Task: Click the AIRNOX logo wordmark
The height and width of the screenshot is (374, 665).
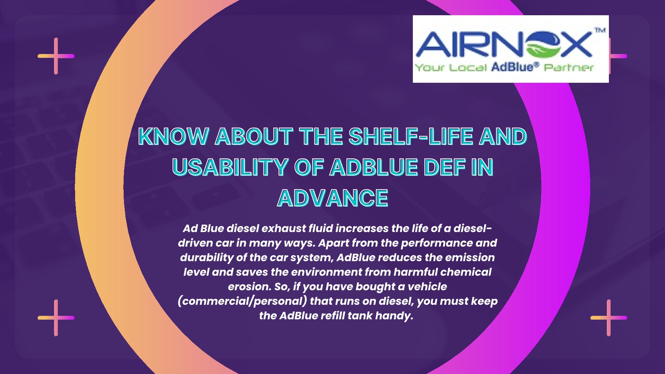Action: pos(504,45)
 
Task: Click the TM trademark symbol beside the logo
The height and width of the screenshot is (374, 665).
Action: pos(600,30)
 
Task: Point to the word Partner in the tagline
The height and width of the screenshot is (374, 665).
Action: pos(569,67)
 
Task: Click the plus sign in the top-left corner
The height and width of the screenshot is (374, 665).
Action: pos(56,56)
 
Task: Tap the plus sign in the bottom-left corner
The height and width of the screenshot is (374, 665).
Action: pos(56,318)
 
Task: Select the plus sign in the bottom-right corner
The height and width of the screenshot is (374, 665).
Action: pos(609,318)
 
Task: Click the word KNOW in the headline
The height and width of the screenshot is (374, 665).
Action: pos(173,136)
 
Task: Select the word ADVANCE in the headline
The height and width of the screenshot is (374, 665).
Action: pos(332,198)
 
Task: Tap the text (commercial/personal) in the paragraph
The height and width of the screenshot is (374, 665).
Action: pos(242,302)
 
